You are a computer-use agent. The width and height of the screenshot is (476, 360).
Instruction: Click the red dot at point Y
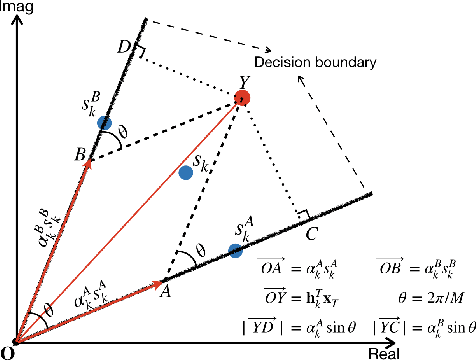coord(241,98)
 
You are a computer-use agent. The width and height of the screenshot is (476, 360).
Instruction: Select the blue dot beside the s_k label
coord(185,172)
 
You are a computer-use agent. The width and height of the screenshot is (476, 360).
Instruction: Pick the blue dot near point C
coord(236,250)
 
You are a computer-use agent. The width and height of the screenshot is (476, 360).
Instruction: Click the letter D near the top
coord(123,49)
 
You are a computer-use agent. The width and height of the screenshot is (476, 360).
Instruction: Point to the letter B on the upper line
coord(78,155)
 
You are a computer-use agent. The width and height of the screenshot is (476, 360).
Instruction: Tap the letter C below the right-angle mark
coord(312,235)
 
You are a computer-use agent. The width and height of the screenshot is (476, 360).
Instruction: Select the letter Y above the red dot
coord(243,81)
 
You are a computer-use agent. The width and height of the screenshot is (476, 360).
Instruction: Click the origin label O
coord(8,352)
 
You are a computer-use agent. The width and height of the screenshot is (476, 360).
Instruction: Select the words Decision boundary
coord(314,63)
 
